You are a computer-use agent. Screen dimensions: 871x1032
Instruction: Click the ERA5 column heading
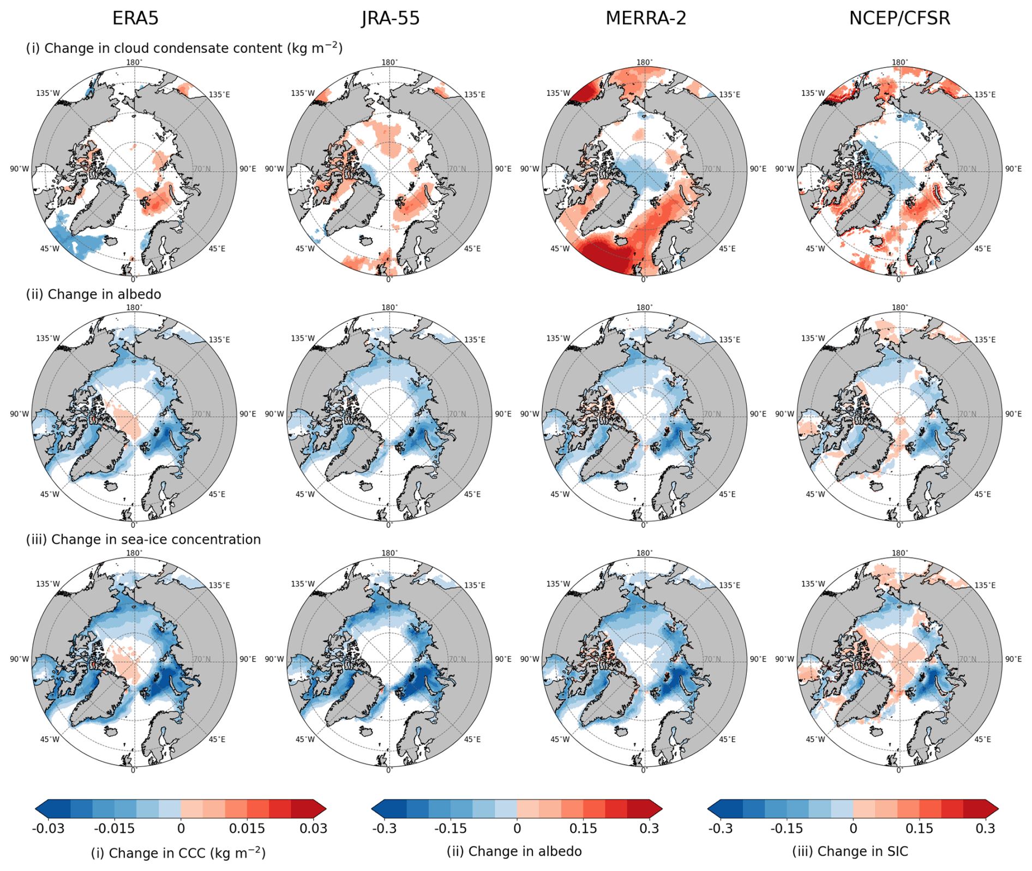[135, 19]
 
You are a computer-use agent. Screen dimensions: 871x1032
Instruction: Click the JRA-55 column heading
[391, 19]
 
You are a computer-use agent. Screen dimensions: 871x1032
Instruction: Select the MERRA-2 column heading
[646, 19]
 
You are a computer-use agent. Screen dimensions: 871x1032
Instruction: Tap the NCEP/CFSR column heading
[899, 19]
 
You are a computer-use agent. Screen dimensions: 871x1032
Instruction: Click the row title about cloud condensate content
[184, 49]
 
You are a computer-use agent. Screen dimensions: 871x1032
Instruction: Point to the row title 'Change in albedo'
[94, 295]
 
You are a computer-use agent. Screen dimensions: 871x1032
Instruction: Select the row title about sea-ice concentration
[143, 539]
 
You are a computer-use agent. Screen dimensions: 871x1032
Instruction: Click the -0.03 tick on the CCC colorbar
[48, 828]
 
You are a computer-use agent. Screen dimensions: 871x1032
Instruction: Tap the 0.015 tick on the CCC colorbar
[247, 828]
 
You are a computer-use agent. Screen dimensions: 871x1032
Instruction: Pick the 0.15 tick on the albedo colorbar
[583, 828]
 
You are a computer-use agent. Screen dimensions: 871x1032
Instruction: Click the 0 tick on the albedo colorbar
[517, 828]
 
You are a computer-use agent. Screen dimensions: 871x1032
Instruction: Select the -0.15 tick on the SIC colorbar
[787, 828]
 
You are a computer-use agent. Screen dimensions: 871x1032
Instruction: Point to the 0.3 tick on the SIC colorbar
[985, 828]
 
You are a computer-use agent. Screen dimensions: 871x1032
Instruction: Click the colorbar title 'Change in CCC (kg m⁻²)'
[178, 852]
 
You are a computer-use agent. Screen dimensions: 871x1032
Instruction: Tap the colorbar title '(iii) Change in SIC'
[850, 851]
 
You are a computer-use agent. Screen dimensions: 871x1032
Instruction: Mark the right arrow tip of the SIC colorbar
[997, 808]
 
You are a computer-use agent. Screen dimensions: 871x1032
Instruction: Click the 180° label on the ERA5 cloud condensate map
[134, 62]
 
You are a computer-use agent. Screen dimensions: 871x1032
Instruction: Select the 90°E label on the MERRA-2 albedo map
[758, 414]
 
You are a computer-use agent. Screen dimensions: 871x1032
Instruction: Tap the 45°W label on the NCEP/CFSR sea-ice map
[815, 740]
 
